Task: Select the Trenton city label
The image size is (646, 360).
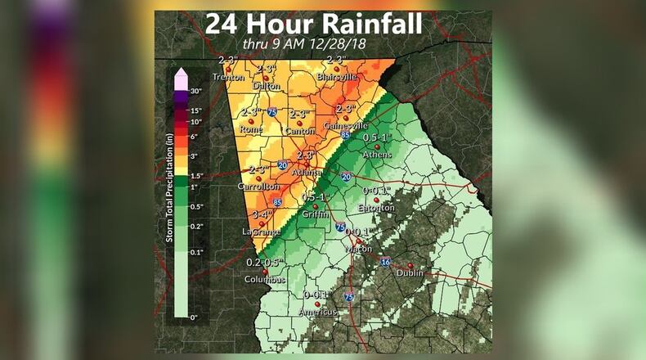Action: [228, 77]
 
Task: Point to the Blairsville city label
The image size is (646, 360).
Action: [336, 76]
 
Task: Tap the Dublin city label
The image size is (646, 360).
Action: [410, 274]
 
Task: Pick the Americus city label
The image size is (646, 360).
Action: [318, 313]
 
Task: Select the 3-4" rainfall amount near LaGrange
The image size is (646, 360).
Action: [262, 215]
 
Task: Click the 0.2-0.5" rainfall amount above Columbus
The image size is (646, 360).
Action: [265, 262]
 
